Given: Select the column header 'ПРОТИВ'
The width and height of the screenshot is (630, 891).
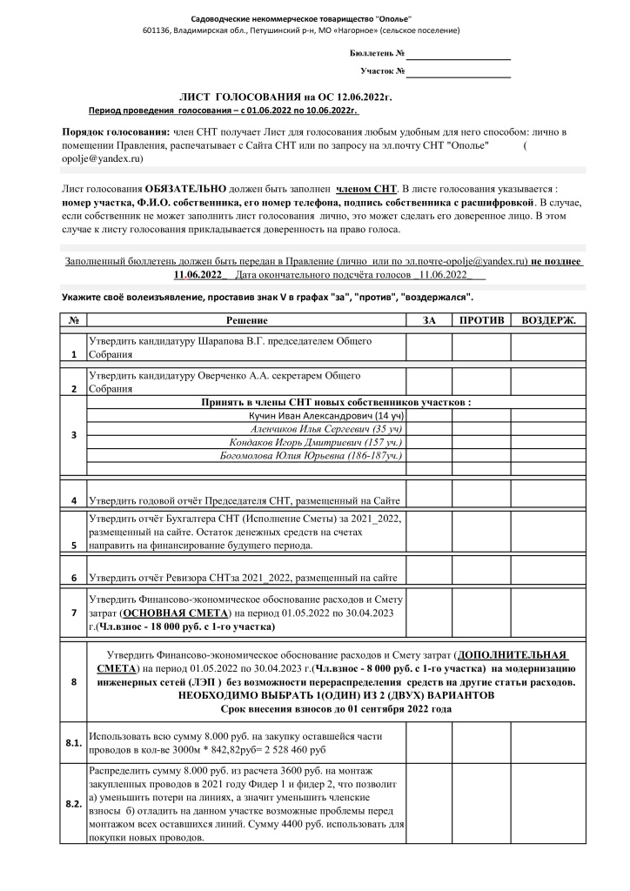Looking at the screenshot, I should coord(480,321).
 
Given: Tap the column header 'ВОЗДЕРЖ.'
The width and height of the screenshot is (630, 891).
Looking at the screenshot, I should coord(548,321).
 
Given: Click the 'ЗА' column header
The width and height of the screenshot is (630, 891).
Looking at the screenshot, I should coord(428,321).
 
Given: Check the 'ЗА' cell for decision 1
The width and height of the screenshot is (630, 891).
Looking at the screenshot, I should coord(428,348).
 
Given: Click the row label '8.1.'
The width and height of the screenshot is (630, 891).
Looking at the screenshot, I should coord(73,742).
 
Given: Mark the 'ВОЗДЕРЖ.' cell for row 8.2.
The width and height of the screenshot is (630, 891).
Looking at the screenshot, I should coord(548,804).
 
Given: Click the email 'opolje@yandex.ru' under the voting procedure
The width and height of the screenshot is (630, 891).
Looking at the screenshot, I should coord(102,159).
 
